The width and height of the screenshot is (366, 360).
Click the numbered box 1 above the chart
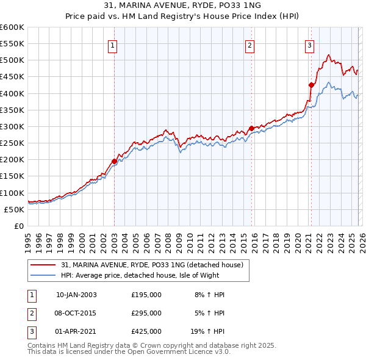tap(113, 45)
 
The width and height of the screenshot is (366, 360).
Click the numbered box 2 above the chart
tap(251, 45)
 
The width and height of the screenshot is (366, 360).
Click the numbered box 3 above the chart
tap(309, 45)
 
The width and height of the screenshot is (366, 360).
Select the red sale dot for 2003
tap(114, 161)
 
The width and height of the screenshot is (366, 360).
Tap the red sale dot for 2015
tap(251, 128)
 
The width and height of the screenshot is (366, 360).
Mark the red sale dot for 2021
tap(311, 85)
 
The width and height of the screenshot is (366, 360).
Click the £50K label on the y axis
tap(15, 209)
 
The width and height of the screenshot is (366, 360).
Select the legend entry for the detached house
tap(152, 265)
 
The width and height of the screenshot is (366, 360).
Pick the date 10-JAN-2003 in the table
tap(76, 295)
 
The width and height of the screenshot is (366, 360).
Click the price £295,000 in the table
tap(146, 313)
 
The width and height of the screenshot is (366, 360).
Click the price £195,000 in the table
tap(146, 295)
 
